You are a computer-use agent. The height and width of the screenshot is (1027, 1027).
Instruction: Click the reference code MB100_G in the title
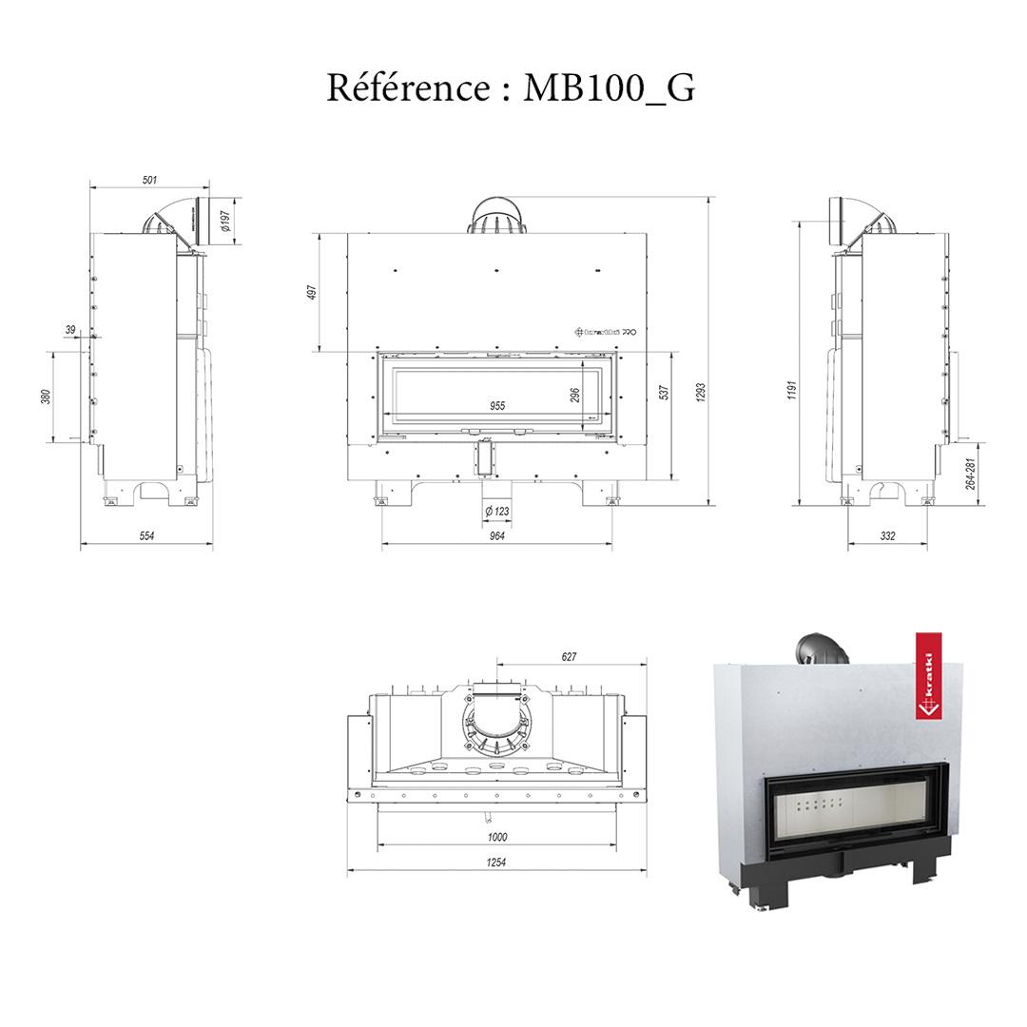pyautogui.click(x=610, y=87)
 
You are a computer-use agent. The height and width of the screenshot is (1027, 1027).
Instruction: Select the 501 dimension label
pyautogui.click(x=150, y=180)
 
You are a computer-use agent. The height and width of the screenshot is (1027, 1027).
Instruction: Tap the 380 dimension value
pyautogui.click(x=46, y=397)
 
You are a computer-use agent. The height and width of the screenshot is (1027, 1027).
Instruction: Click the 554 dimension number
pyautogui.click(x=146, y=536)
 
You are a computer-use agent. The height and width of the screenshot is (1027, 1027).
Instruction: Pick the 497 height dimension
pyautogui.click(x=312, y=292)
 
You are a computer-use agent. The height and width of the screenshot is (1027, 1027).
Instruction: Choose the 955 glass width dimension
pyautogui.click(x=496, y=406)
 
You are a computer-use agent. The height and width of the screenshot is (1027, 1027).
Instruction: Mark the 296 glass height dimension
pyautogui.click(x=575, y=396)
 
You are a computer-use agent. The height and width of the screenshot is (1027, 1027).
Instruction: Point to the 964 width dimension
pyautogui.click(x=496, y=536)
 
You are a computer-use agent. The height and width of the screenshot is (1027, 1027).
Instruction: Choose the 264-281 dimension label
pyautogui.click(x=969, y=473)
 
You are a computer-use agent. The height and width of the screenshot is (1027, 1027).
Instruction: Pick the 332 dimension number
pyautogui.click(x=887, y=536)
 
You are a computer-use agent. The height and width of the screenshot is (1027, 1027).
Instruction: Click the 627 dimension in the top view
pyautogui.click(x=570, y=656)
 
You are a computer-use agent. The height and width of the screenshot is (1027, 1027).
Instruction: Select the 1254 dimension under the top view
pyautogui.click(x=496, y=862)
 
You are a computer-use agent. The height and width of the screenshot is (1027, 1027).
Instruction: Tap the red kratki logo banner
pyautogui.click(x=926, y=676)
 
